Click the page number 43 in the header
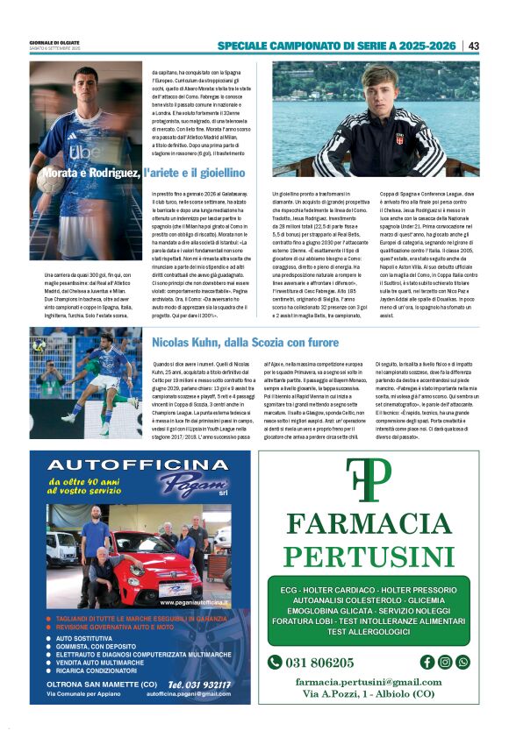[x=474, y=46]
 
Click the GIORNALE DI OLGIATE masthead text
[x=54, y=41]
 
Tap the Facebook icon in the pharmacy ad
[x=427, y=662]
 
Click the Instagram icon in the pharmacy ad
[x=445, y=662]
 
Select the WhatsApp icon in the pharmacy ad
[x=462, y=662]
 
